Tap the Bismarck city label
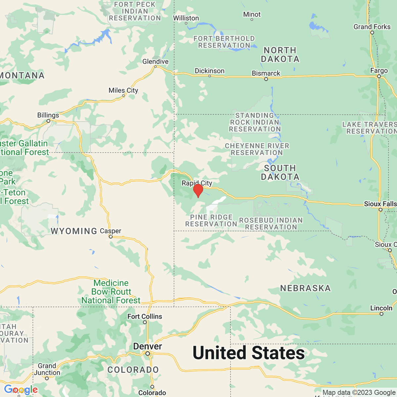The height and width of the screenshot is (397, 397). pos(266,73)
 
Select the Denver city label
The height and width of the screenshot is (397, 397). pos(148,346)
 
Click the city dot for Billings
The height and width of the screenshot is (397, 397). pos(48,121)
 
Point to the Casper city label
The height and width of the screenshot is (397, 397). pos(110,231)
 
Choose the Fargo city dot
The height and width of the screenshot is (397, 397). pos(379,76)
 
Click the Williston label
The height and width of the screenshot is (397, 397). pos(186,18)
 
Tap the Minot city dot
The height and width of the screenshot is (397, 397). pos(252,20)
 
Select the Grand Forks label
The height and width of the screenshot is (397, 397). pos(372,27)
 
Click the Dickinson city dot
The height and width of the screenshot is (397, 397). pos(209,76)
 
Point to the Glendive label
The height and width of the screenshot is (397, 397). pos(155,62)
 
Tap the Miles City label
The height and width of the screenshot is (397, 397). pos(123,90)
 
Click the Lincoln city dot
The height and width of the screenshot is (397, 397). pos(381,314)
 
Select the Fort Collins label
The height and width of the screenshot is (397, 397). pos(145,317)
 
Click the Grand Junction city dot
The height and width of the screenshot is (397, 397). pos(47,378)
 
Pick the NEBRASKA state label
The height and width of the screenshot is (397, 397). pos(305,288)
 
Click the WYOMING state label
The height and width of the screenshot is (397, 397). pos(74,231)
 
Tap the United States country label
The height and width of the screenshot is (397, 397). pos(248,353)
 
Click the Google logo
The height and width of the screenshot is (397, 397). pos(21,390)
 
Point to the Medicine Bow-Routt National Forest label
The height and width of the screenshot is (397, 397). pos(111,292)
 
